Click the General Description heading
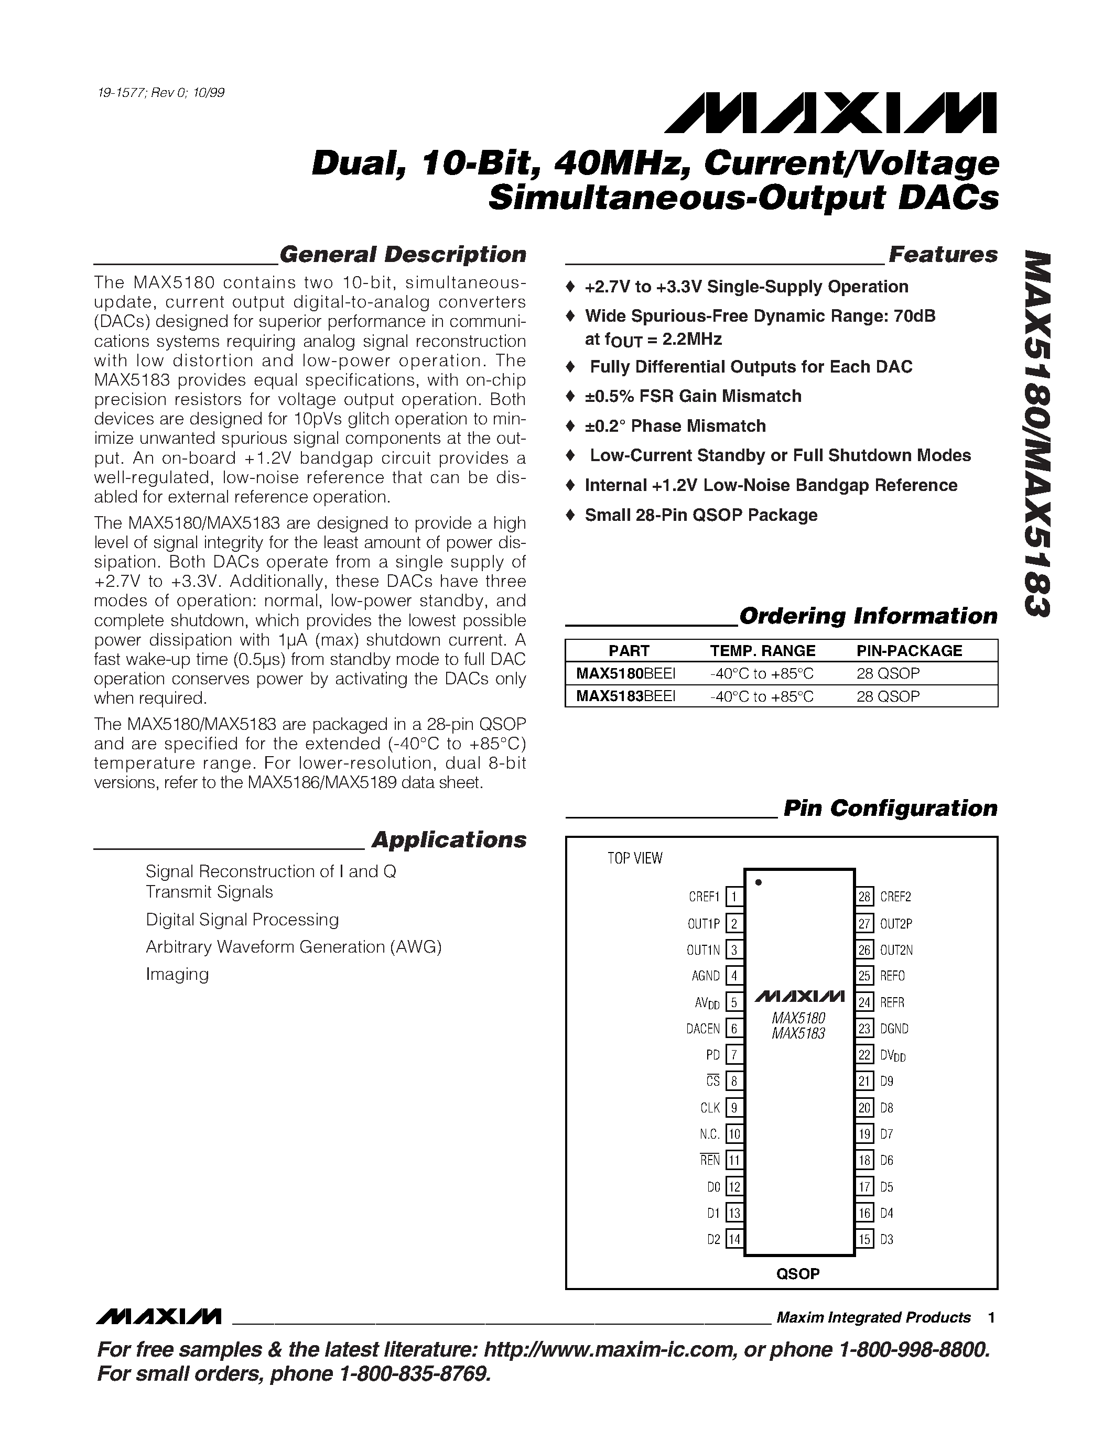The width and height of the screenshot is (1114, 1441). click(x=403, y=255)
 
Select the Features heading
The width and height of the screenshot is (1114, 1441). click(x=943, y=255)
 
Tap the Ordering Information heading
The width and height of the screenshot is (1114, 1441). click(x=868, y=616)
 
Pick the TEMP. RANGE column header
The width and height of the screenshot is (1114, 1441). click(x=762, y=651)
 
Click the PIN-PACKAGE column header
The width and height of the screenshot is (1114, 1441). click(x=908, y=651)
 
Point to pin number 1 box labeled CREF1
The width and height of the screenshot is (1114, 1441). click(x=734, y=897)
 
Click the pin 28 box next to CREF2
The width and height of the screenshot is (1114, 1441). click(x=864, y=897)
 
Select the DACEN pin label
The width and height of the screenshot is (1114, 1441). click(x=703, y=1029)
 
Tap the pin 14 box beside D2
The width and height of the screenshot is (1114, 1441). click(x=734, y=1239)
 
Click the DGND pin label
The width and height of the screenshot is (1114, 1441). click(x=894, y=1029)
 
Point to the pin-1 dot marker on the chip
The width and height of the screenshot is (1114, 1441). click(x=758, y=882)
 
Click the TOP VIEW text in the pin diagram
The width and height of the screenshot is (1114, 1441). click(x=634, y=858)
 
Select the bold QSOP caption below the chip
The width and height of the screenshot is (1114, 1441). click(x=797, y=1274)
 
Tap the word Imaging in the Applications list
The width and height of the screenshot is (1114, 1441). click(x=177, y=974)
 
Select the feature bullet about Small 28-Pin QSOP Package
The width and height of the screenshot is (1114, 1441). click(x=700, y=515)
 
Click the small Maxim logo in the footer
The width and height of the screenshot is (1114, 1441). click(x=158, y=1317)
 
